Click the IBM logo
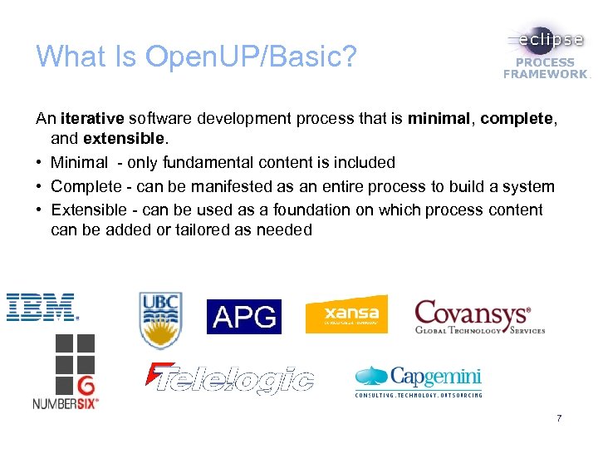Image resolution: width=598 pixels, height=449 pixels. (x=42, y=307)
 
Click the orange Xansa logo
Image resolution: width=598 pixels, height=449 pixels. (x=346, y=314)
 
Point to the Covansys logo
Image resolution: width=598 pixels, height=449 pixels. (x=479, y=317)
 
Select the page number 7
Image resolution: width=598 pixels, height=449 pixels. (x=559, y=418)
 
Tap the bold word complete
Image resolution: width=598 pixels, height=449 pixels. (x=515, y=120)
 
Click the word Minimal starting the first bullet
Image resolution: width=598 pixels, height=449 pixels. (x=79, y=163)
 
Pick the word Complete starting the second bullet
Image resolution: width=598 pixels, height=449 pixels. (x=85, y=185)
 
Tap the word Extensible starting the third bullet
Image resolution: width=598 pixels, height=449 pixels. (x=87, y=209)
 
